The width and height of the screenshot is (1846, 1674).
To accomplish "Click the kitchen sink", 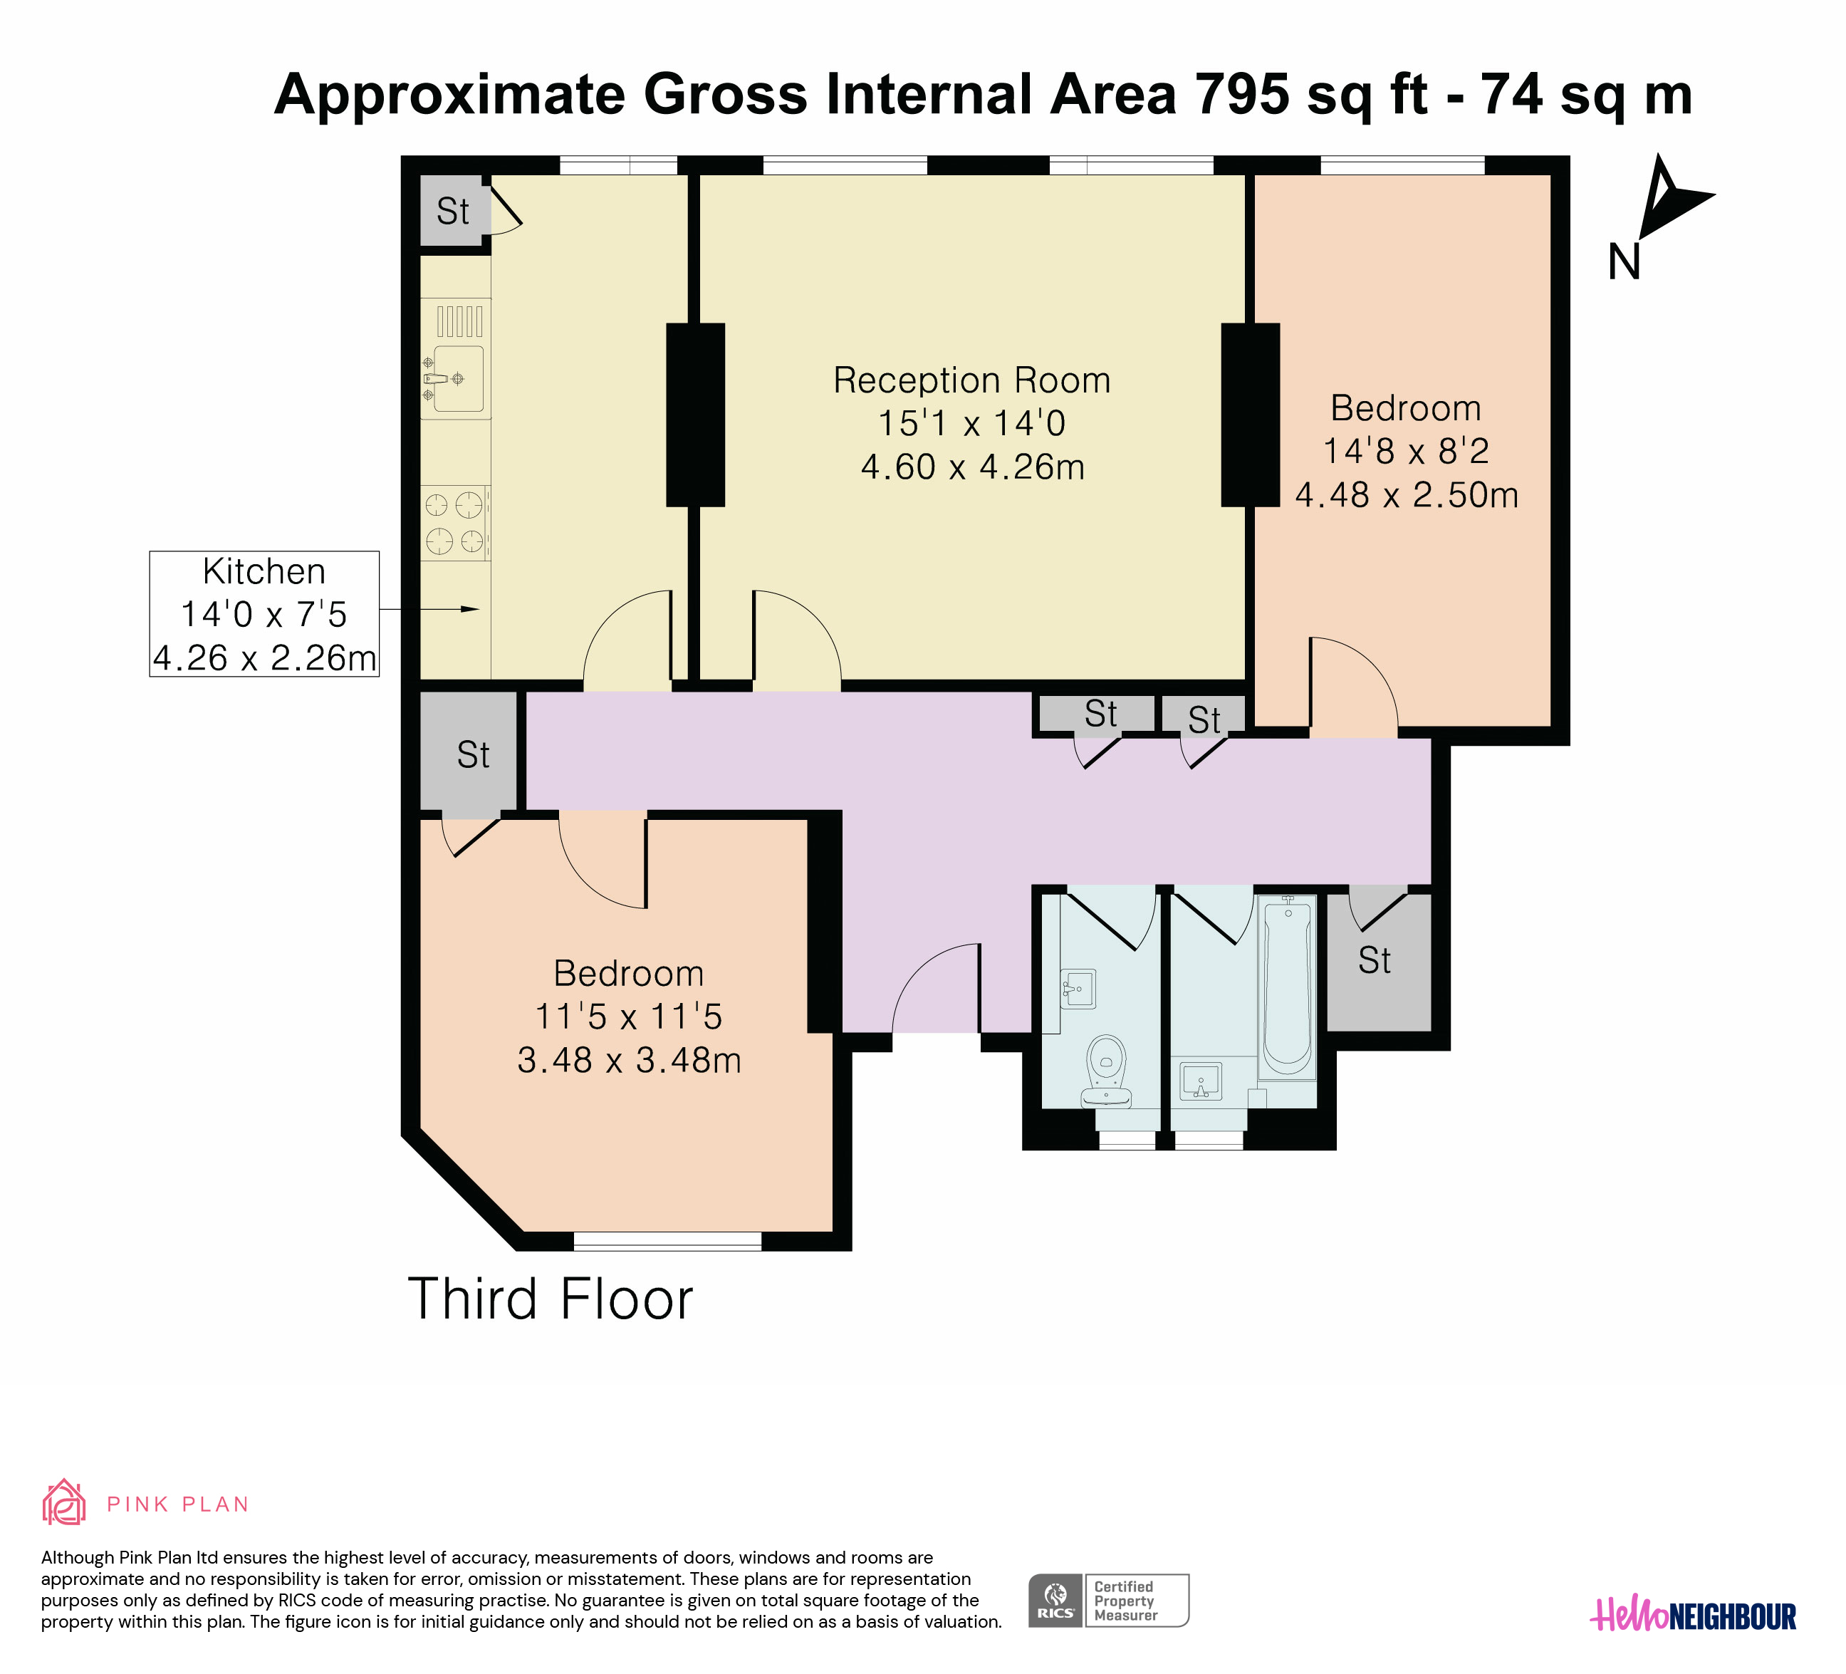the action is [456, 358].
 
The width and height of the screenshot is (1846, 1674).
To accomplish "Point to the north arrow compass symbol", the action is [1667, 215].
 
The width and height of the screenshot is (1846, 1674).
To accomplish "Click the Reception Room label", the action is [971, 380].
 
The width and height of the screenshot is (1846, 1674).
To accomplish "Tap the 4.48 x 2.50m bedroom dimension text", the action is [1407, 495].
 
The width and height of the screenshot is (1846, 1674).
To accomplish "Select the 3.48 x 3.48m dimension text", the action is [629, 1061].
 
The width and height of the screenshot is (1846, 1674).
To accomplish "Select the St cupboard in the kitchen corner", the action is [452, 211].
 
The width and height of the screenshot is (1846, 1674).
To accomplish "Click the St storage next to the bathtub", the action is [1379, 961].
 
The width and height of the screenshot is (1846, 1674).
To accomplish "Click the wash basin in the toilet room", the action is [1079, 989].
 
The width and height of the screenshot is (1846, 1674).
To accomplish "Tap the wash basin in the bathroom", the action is [1201, 1081].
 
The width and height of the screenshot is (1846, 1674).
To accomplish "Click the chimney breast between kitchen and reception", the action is [695, 415].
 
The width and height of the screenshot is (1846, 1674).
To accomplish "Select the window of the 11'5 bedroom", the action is [667, 1242].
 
